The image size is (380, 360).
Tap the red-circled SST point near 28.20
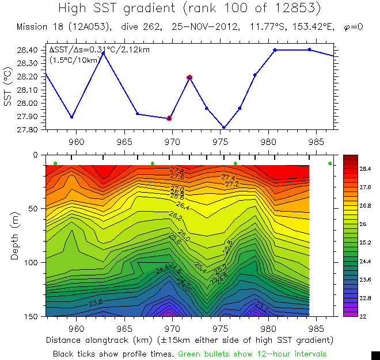click(189, 77)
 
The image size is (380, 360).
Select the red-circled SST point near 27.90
click(169, 118)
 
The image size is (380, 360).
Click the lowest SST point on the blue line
click(224, 128)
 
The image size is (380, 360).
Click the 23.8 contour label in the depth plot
click(96, 302)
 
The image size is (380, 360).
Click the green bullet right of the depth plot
click(330, 163)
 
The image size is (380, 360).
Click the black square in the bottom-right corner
click(375, 355)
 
